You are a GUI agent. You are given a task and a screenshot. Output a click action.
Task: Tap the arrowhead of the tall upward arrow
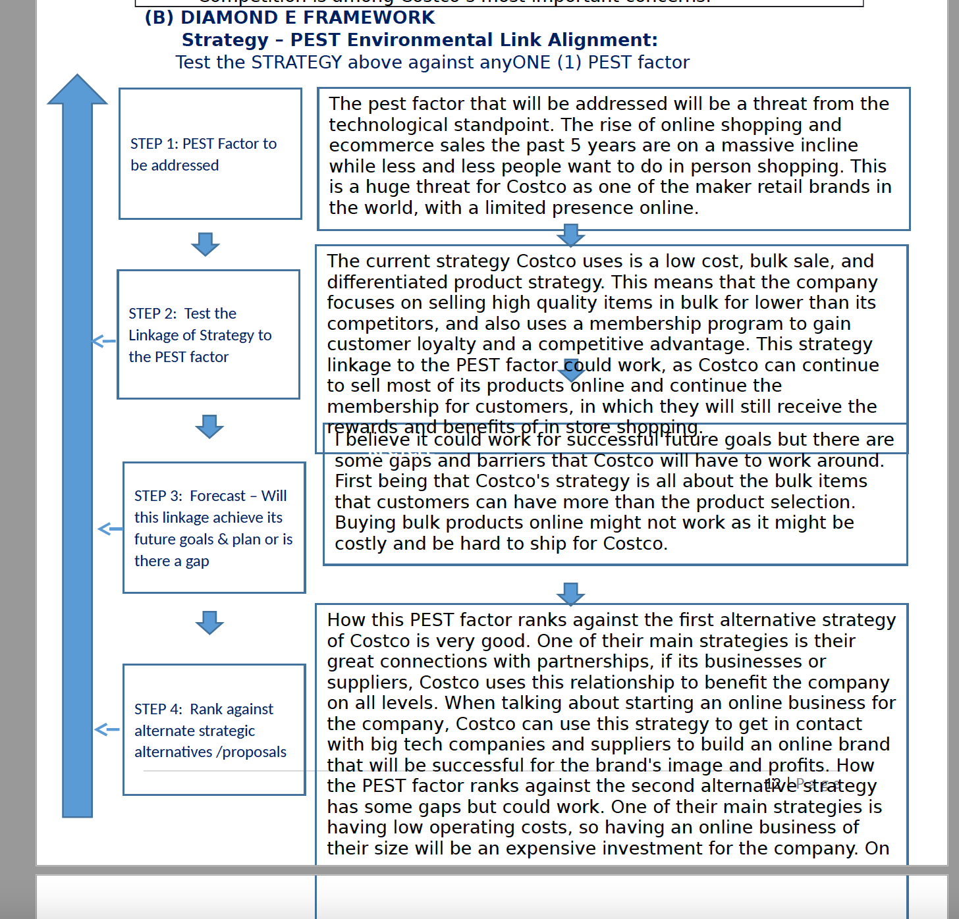(x=77, y=90)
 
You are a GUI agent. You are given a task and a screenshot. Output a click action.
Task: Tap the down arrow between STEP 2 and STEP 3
(x=209, y=427)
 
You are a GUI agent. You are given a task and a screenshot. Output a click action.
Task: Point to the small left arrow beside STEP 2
(x=103, y=341)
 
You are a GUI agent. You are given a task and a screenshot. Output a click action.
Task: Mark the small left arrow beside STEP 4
(x=107, y=729)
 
